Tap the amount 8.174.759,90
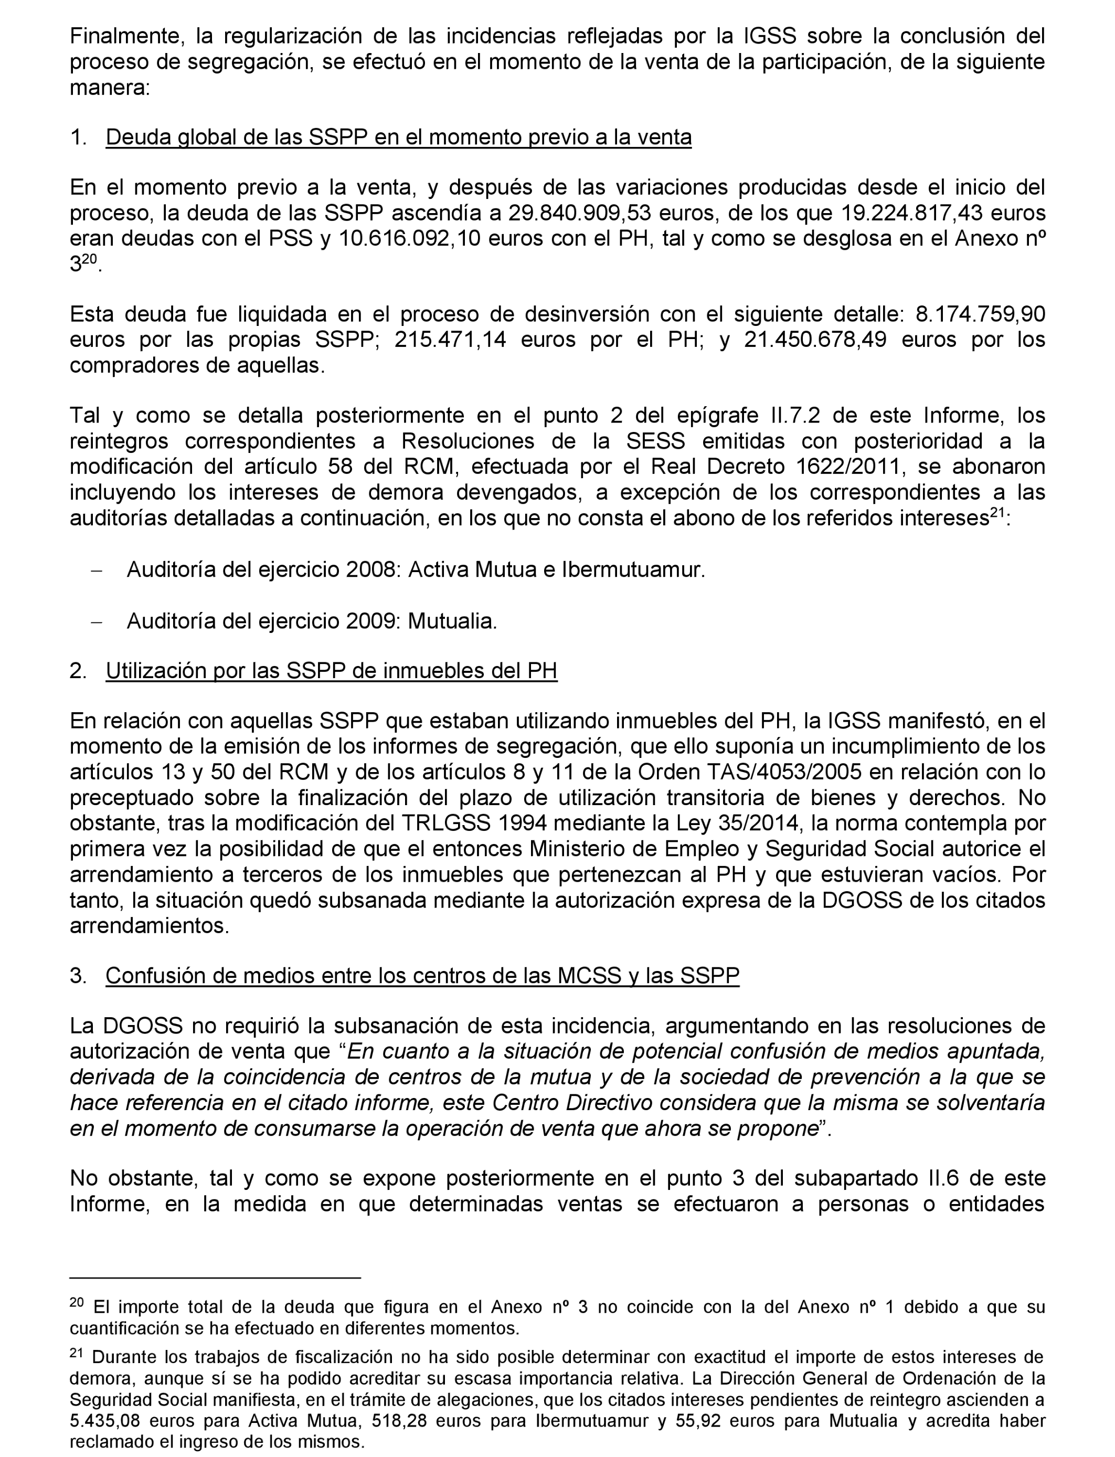click(980, 314)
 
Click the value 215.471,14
click(450, 340)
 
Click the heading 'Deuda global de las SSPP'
click(398, 138)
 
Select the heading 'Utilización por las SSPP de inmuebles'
click(331, 671)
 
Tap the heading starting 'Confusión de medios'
click(422, 976)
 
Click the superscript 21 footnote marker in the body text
click(997, 514)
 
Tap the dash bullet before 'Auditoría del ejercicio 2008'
click(97, 571)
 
